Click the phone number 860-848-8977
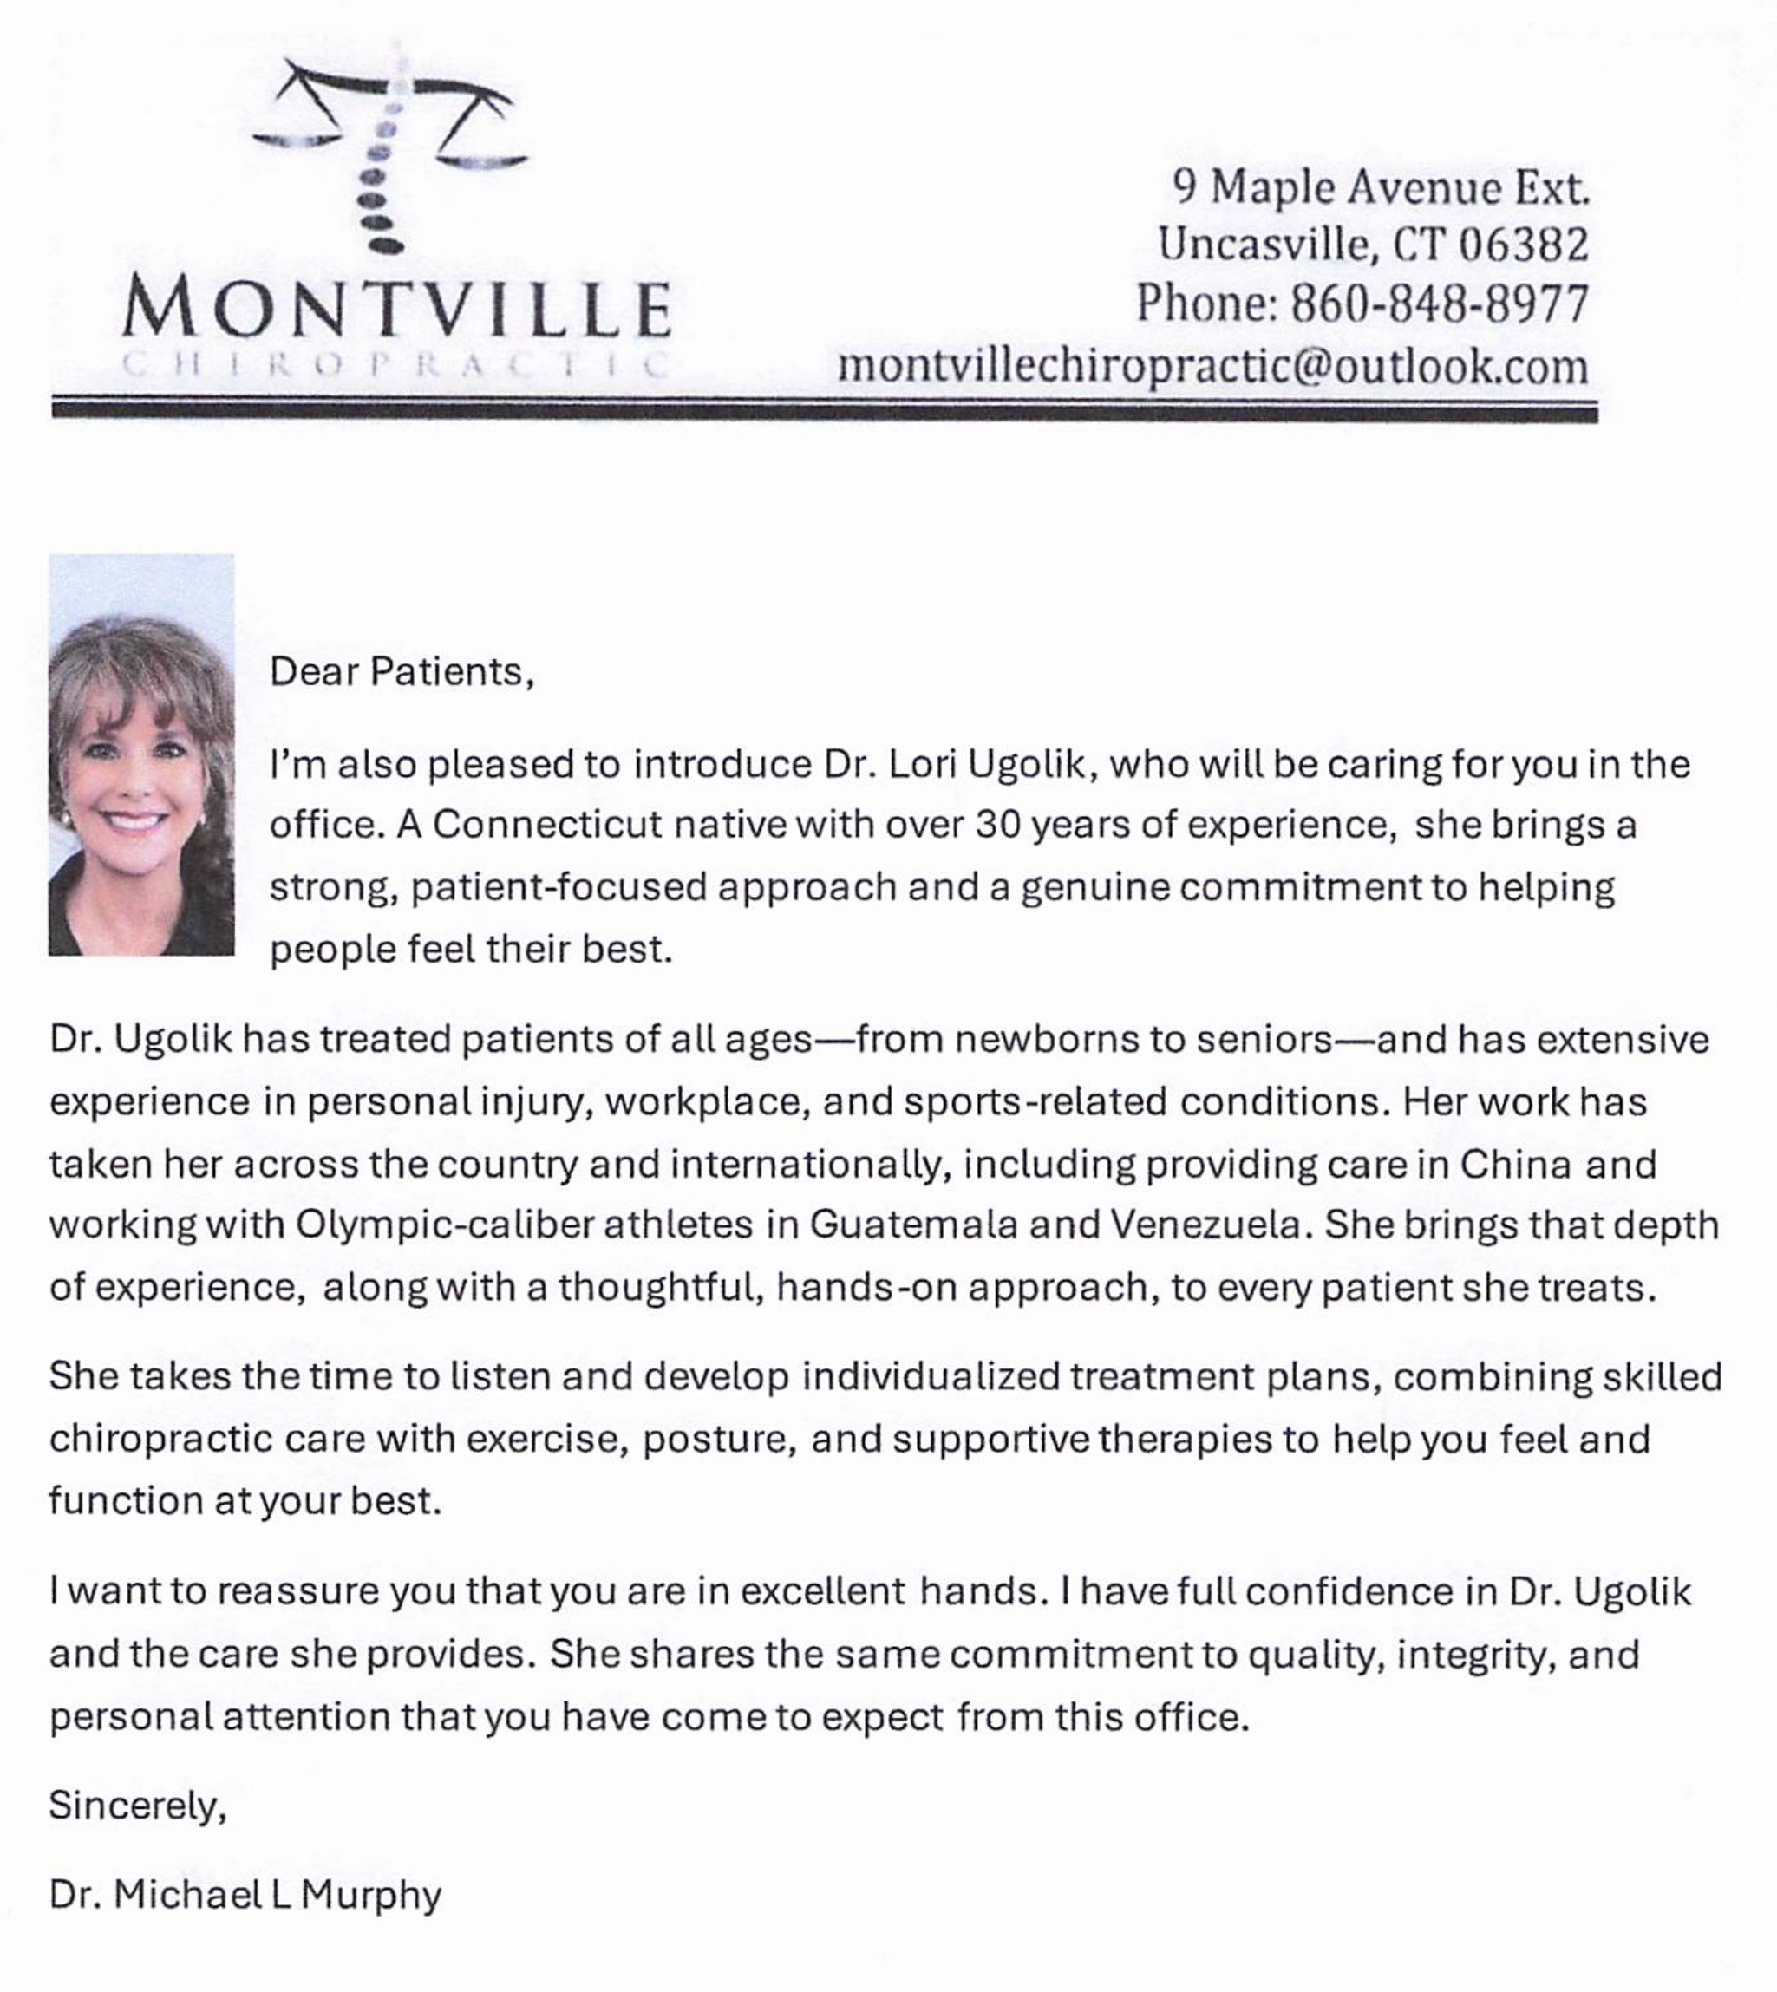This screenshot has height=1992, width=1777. click(x=1441, y=304)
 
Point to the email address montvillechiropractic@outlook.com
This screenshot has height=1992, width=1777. click(x=1212, y=367)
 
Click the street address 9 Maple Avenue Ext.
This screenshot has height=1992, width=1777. click(x=1381, y=186)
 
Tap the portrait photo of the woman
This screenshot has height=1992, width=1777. click(x=141, y=754)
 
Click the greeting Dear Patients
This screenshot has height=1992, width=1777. click(x=402, y=672)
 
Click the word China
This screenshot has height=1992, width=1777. click(x=1515, y=1164)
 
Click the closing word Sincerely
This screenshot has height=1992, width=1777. click(x=137, y=1806)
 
